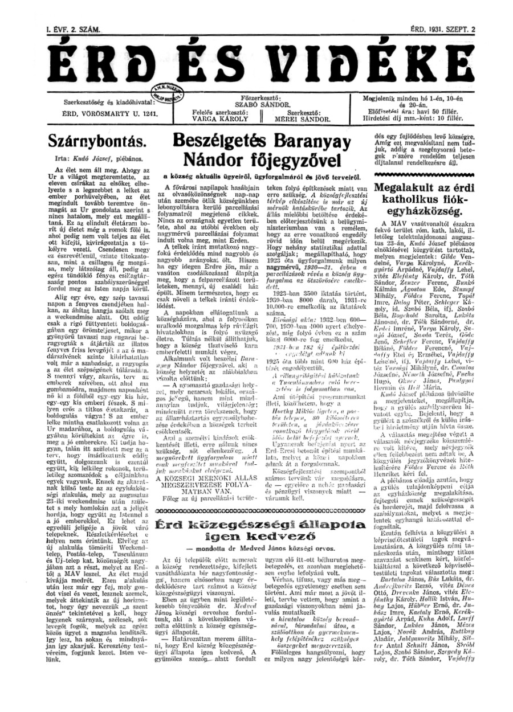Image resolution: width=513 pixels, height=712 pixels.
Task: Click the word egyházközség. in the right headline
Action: coord(430,212)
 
